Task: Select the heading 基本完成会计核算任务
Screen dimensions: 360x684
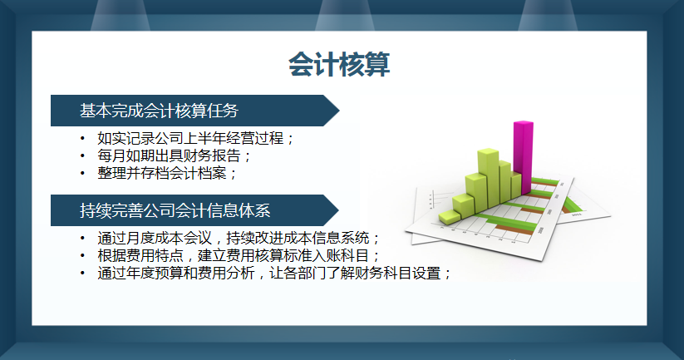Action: tap(159, 111)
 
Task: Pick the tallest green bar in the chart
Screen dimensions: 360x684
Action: tap(487, 176)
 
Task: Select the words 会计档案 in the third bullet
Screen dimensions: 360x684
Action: tap(204, 173)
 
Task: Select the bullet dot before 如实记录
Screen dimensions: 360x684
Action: tap(82, 138)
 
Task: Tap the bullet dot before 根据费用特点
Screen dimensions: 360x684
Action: tap(82, 255)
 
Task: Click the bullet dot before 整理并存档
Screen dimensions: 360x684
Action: tap(82, 173)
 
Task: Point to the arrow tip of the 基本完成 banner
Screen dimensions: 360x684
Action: tap(337, 111)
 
